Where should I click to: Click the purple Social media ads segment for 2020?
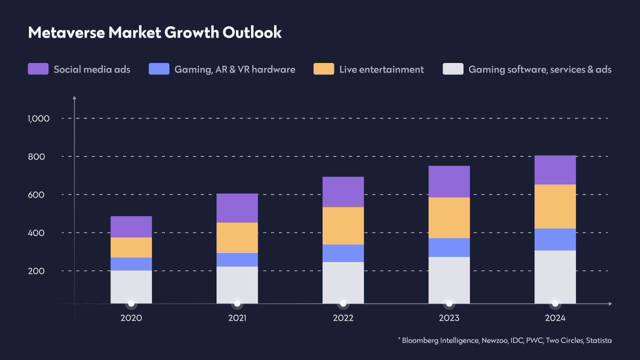point(131,226)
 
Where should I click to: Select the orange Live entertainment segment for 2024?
point(555,206)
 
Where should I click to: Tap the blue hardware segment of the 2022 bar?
point(343,253)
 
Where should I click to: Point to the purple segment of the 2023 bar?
point(449,181)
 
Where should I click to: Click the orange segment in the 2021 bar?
point(237,237)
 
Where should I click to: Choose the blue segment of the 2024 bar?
point(555,239)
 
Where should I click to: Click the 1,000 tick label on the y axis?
point(38,118)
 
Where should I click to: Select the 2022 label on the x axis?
point(343,318)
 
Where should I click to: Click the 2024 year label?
point(555,318)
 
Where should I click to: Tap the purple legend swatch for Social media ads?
point(38,69)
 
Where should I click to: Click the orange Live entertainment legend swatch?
point(323,69)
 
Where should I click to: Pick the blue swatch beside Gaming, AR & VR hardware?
point(159,69)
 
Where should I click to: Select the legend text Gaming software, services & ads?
point(540,69)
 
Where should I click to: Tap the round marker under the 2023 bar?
point(449,303)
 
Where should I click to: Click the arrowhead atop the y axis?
point(74,97)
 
